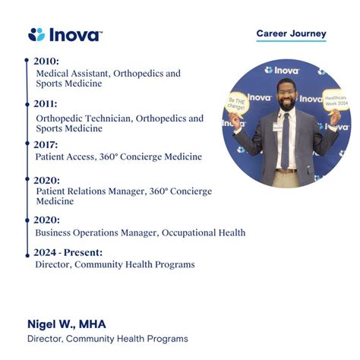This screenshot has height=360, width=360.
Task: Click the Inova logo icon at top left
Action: point(36,34)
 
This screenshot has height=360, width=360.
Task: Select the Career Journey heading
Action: point(291,33)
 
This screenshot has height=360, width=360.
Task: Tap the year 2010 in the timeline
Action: point(46,61)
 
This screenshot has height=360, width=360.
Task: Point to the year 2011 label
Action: point(46,104)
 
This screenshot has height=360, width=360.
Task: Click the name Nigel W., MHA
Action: point(67,324)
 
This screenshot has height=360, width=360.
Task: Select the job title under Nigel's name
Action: point(107,339)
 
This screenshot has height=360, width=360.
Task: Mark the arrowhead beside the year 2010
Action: point(30,61)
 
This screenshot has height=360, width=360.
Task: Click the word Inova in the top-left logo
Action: point(74,34)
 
